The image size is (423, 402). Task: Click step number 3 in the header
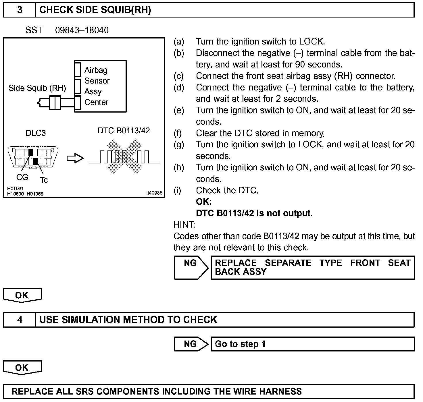click(x=20, y=10)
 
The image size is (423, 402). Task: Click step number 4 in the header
click(x=20, y=320)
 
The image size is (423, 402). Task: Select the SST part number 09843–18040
click(x=82, y=30)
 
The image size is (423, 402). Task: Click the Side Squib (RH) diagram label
click(x=37, y=88)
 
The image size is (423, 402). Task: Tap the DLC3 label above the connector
click(x=36, y=133)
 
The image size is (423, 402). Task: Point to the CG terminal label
click(x=22, y=177)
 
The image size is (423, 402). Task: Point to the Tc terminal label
click(x=44, y=180)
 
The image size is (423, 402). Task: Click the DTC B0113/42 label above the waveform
click(x=124, y=131)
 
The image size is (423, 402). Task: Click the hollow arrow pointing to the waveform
click(x=75, y=158)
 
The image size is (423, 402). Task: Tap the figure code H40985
click(x=154, y=193)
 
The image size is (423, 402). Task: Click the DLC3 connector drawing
click(x=33, y=157)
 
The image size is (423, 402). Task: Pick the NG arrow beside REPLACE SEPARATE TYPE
click(x=191, y=267)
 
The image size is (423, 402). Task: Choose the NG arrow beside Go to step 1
click(x=191, y=344)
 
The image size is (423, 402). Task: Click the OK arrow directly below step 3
click(x=22, y=295)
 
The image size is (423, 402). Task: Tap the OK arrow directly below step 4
click(x=22, y=368)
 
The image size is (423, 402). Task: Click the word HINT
click(x=184, y=225)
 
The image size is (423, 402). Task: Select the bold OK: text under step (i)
click(x=204, y=202)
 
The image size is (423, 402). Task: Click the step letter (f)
click(x=178, y=133)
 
